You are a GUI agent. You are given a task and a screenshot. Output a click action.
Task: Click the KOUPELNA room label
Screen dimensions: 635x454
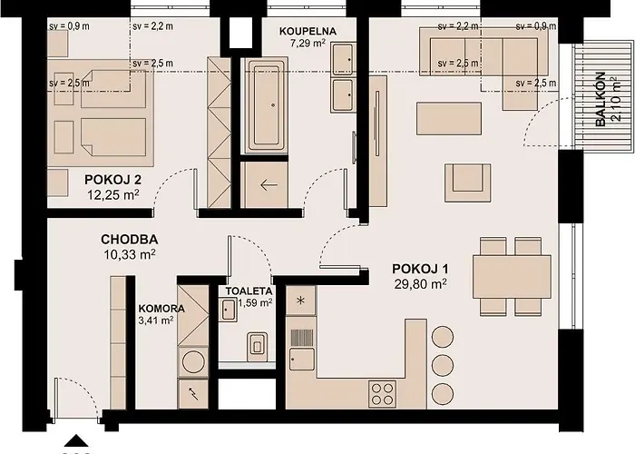click(308, 31)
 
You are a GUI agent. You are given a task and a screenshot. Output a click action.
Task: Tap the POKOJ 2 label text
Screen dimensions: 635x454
click(113, 179)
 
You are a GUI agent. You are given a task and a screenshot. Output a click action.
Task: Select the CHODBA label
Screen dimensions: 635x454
click(130, 239)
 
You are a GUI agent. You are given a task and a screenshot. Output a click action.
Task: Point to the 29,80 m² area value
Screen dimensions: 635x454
click(420, 284)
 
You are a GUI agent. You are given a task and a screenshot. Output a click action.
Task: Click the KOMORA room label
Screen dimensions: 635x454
click(161, 309)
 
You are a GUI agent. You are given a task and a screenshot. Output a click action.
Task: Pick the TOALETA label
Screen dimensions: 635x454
click(249, 291)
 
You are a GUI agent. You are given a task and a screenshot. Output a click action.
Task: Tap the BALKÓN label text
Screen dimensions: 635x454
click(601, 99)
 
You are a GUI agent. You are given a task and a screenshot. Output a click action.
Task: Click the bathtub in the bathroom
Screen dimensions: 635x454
click(265, 106)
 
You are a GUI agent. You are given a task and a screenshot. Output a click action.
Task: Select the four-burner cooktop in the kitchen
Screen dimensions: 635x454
click(382, 394)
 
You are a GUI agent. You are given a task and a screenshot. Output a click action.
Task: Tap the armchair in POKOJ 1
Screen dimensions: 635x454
click(468, 183)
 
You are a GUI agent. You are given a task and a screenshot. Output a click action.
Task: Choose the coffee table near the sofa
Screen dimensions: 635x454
click(449, 118)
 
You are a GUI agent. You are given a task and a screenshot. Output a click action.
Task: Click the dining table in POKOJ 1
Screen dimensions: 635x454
click(512, 276)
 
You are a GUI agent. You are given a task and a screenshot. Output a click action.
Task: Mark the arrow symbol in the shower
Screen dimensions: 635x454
click(269, 185)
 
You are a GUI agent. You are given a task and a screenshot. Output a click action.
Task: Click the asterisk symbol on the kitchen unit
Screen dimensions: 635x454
click(300, 301)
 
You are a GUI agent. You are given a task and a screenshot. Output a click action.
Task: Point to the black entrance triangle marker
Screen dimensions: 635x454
click(76, 440)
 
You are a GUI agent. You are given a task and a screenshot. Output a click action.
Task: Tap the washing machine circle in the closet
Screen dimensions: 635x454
click(193, 361)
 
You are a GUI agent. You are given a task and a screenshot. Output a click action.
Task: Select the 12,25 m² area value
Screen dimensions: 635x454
click(113, 195)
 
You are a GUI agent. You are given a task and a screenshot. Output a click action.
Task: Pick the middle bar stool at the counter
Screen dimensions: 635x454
click(443, 365)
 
